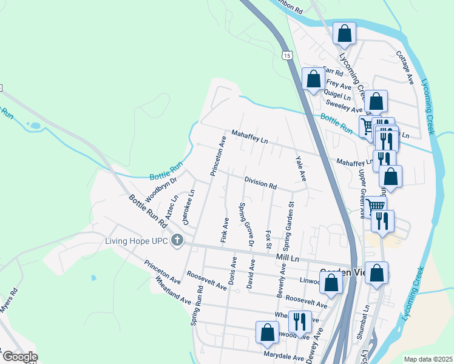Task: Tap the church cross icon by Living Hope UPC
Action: (x=177, y=241)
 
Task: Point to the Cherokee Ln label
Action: (x=191, y=206)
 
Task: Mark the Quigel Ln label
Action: (x=338, y=96)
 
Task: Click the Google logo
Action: (x=19, y=357)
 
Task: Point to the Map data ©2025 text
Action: (x=428, y=359)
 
